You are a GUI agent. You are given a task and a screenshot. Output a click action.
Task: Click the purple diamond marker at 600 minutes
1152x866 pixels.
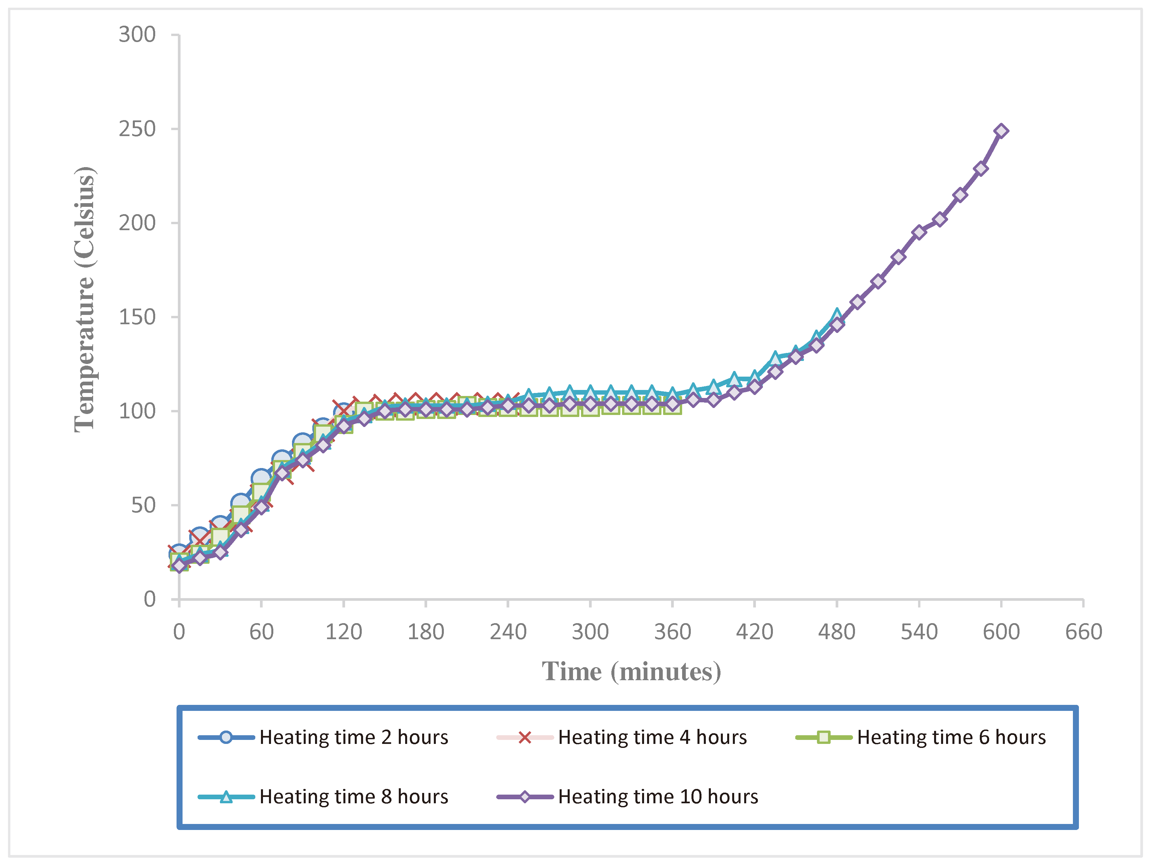1000,131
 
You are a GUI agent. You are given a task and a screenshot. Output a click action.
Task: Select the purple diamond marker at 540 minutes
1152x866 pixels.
919,232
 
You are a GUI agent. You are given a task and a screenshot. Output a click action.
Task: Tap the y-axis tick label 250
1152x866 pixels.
137,129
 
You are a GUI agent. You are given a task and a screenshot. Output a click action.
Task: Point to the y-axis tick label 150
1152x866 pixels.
137,317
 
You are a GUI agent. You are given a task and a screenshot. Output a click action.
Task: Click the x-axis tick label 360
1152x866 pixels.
672,632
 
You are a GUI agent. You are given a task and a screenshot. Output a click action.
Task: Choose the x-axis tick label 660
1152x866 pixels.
1083,632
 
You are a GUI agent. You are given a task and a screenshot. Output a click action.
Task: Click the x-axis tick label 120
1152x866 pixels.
343,632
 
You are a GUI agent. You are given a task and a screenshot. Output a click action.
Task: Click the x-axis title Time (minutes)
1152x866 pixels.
631,672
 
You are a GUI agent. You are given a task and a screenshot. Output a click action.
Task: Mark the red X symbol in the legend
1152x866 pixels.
525,737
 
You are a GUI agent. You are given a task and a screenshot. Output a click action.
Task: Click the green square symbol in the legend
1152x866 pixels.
823,737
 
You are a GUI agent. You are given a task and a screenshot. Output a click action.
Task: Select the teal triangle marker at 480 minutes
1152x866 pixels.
836,315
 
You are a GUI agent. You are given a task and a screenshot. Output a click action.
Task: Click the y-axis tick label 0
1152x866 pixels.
150,599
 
